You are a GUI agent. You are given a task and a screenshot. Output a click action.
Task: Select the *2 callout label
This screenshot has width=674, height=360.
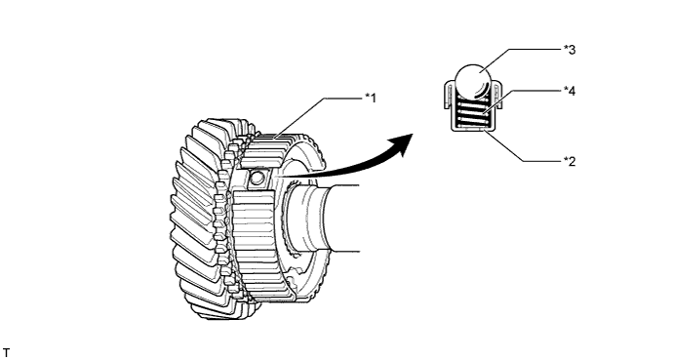point(569,161)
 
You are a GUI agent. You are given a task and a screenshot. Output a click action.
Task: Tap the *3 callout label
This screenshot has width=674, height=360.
point(569,47)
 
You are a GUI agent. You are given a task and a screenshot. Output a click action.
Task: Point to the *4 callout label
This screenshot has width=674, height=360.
point(569,90)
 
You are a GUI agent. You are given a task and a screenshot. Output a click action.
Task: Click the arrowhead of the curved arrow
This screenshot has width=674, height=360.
point(398,145)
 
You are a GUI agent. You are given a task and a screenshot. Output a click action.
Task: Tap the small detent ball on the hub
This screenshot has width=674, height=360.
point(258,178)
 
